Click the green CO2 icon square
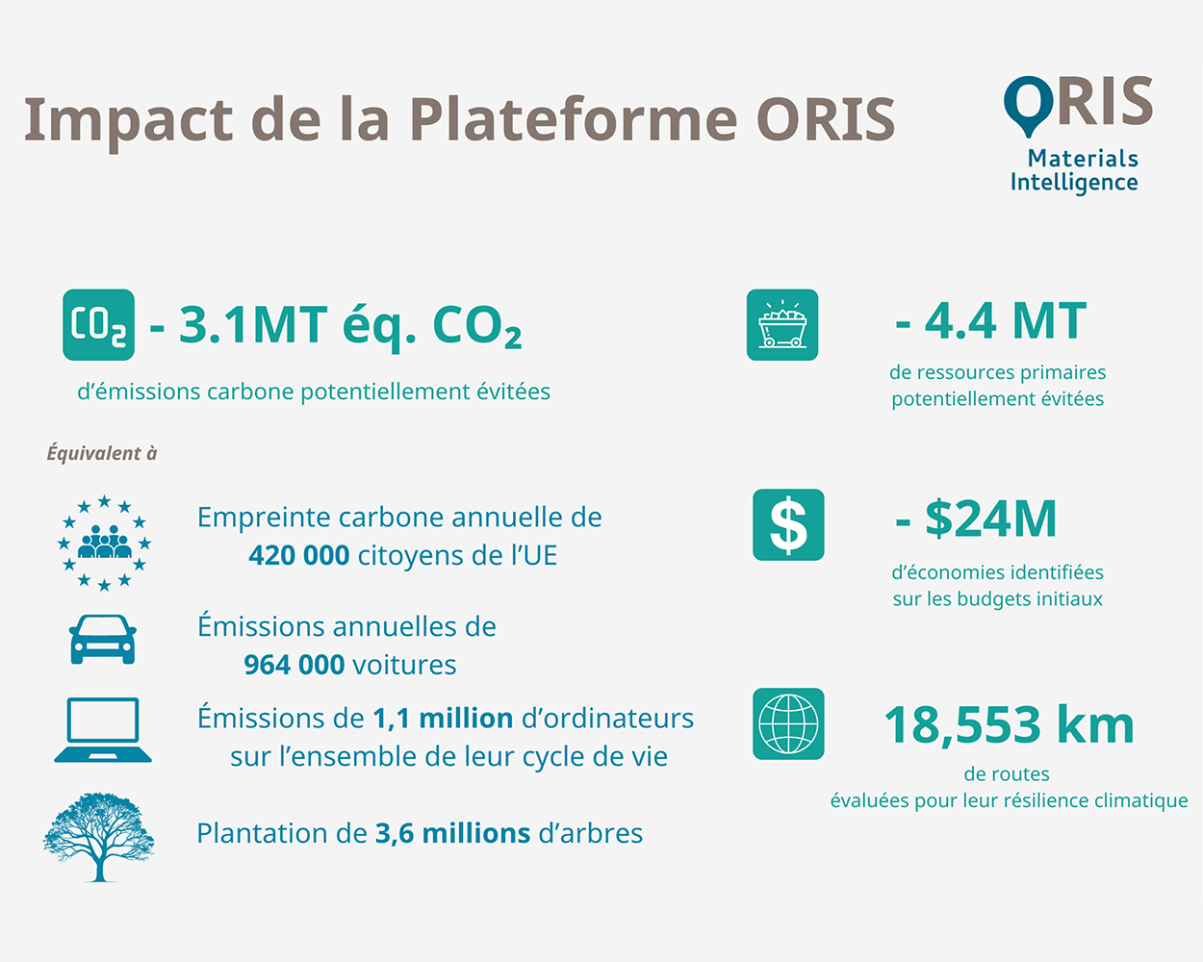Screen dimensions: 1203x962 coord(98,325)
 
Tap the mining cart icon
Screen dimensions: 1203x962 coord(782,325)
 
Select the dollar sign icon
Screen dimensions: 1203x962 coord(788,525)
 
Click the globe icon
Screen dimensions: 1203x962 coord(788,723)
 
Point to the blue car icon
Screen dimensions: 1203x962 coord(102,640)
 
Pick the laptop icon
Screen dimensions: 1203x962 coord(103,730)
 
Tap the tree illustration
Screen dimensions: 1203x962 coord(99,837)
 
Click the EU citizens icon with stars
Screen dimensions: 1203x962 coord(104,544)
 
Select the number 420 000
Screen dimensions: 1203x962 coord(299,556)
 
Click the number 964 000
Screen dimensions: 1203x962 coord(294,665)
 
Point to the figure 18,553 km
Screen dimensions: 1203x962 coord(1009,725)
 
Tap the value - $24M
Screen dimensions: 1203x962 coord(976,519)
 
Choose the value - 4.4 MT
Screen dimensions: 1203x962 coord(991,321)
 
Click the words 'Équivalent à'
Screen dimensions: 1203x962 coord(102,453)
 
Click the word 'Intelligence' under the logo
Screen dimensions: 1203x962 coord(1074,183)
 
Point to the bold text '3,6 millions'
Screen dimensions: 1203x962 coord(452,833)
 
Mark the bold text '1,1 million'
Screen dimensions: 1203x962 coord(443,719)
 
